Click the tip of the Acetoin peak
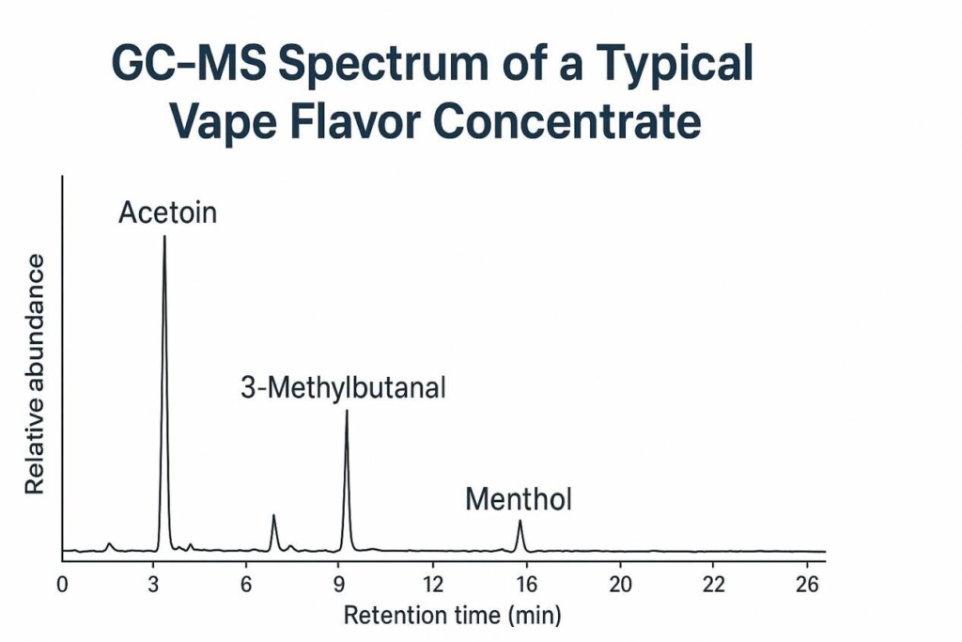tap(164, 236)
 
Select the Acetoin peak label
tap(167, 212)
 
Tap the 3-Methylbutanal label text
tap(343, 387)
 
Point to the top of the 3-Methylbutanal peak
tap(347, 411)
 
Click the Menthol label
tap(519, 498)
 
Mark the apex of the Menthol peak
tap(520, 521)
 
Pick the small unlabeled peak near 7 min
tap(273, 515)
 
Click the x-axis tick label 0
tap(62, 584)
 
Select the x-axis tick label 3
tap(154, 584)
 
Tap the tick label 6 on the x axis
tap(246, 584)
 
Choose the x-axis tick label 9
tap(338, 584)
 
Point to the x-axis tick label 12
tap(432, 584)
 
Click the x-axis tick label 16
tap(525, 584)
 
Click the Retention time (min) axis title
tap(452, 617)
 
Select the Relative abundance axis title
tap(35, 373)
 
